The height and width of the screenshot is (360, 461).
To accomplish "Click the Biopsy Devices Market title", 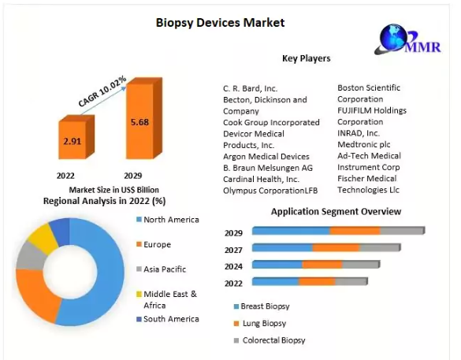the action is [x=220, y=23].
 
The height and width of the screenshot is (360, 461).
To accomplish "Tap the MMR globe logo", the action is [x=407, y=39].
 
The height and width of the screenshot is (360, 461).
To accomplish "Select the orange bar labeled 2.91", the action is [x=76, y=137].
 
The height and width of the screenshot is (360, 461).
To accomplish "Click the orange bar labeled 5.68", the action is [x=143, y=118].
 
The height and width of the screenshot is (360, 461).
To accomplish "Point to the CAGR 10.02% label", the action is [x=102, y=91].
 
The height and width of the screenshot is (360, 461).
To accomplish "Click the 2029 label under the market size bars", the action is [x=133, y=176].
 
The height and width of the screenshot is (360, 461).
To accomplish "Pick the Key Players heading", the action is [x=307, y=58].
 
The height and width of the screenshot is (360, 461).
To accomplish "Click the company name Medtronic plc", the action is [x=364, y=145].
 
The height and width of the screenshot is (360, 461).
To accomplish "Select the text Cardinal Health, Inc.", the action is [x=261, y=180].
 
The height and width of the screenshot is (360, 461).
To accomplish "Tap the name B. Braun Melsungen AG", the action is [x=268, y=168].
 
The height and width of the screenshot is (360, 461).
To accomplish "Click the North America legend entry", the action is [x=168, y=220].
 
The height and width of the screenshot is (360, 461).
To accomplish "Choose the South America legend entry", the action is [x=168, y=319].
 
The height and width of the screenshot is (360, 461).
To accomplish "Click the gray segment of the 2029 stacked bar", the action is [x=403, y=231].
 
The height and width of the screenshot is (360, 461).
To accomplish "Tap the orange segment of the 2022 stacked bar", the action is [x=317, y=281].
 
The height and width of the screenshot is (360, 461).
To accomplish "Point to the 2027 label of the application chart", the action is [x=233, y=250].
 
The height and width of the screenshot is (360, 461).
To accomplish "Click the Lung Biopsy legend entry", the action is [x=260, y=323].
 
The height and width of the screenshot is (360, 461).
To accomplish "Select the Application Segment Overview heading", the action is [x=336, y=212].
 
